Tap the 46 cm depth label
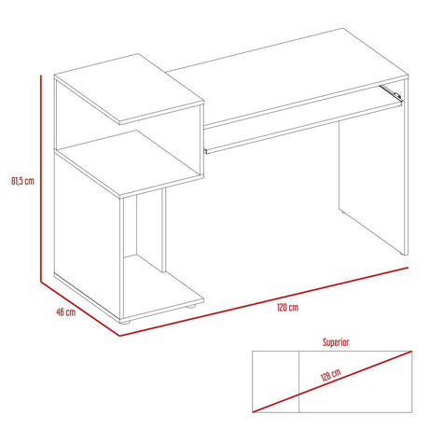tap(65, 312)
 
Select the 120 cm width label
tap(288, 307)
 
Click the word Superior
tap(335, 342)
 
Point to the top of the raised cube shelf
tap(131, 93)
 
